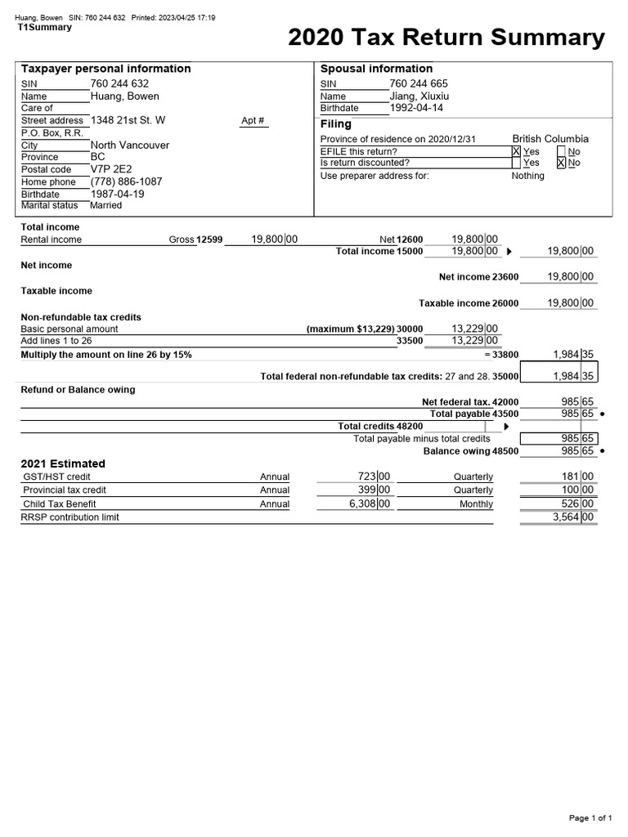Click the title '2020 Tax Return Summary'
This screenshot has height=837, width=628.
[x=446, y=38]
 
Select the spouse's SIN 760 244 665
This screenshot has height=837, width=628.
[x=418, y=83]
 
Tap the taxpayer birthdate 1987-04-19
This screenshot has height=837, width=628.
[x=117, y=194]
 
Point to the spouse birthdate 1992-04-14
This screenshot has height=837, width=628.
[x=416, y=108]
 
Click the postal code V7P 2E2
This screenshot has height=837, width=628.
[x=110, y=169]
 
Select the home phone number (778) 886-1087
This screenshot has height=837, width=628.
[x=126, y=181]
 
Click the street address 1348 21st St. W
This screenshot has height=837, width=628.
[x=128, y=120]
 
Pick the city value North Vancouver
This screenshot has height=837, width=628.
[x=130, y=145]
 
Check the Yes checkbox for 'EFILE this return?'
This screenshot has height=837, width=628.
[x=516, y=151]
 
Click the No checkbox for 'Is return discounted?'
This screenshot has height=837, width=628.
[x=561, y=163]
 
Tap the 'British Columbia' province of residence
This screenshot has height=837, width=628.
[x=549, y=139]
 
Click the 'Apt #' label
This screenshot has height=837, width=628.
[x=253, y=121]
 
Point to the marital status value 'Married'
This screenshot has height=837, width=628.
[x=106, y=205]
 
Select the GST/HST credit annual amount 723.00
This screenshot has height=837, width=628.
[x=374, y=477]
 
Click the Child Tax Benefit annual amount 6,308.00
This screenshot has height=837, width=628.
[x=369, y=504]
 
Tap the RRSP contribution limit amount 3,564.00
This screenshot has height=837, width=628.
[x=572, y=517]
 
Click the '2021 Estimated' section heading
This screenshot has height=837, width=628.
[x=63, y=463]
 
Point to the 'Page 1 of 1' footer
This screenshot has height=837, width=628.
[x=590, y=818]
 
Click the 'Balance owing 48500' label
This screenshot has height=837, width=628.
[x=470, y=451]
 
